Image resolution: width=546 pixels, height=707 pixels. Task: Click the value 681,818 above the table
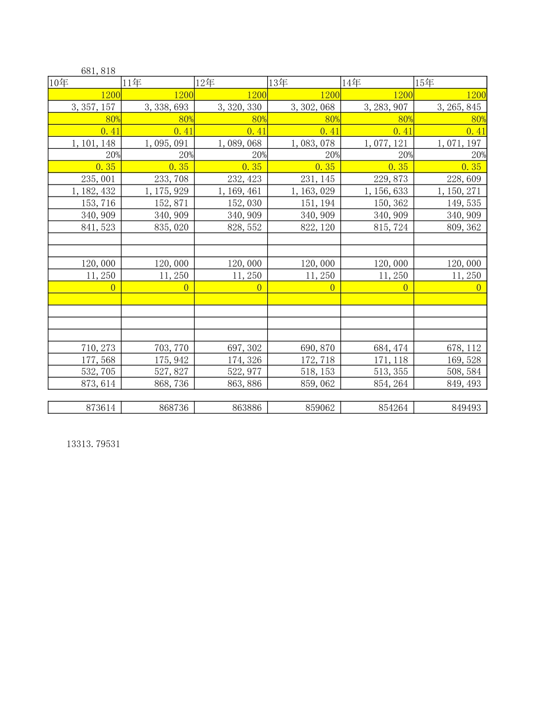coord(98,71)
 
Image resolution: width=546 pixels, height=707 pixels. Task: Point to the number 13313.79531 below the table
coord(93,444)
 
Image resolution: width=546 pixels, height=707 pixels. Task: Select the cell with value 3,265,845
coord(459,107)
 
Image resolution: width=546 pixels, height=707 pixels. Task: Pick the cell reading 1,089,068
coord(240,143)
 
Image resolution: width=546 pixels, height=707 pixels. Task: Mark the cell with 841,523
coord(98,227)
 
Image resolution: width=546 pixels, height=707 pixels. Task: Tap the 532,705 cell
coord(98,371)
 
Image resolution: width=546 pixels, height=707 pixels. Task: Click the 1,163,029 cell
coord(313,191)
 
